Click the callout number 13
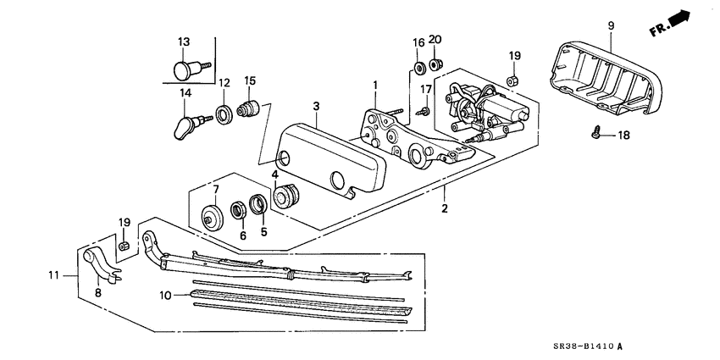pyautogui.click(x=185, y=42)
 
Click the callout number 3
pyautogui.click(x=315, y=107)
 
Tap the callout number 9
pyautogui.click(x=610, y=26)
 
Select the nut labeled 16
pyautogui.click(x=418, y=66)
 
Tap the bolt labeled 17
pyautogui.click(x=423, y=109)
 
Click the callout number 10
pyautogui.click(x=166, y=296)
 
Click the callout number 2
pyautogui.click(x=446, y=207)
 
